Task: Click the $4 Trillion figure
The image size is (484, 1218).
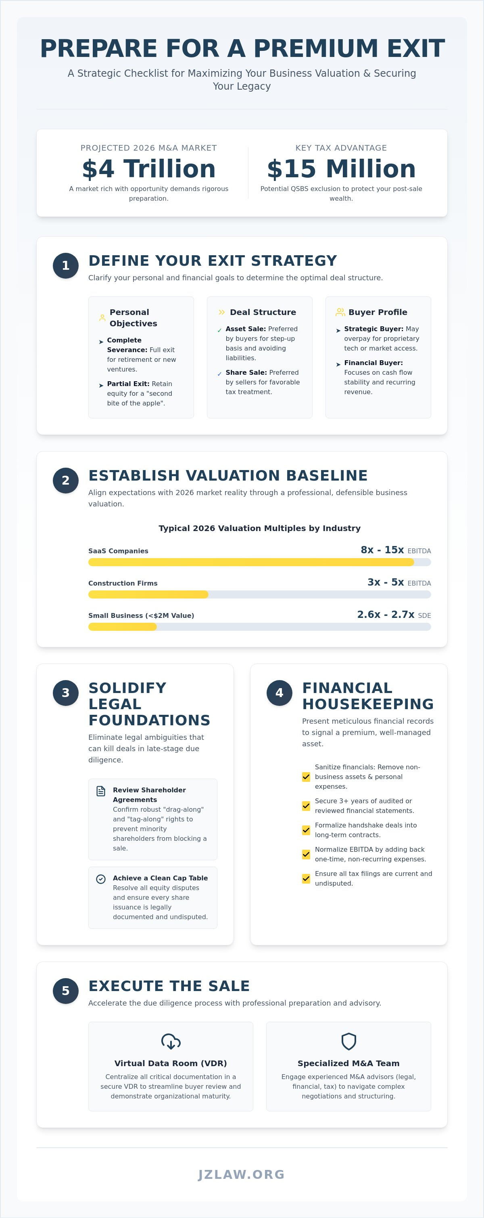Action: [149, 169]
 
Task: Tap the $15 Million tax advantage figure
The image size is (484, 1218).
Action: [341, 169]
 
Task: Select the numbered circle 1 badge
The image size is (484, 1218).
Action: [66, 266]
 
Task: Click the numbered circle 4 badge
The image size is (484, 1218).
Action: [280, 693]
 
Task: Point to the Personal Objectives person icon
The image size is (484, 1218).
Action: [102, 318]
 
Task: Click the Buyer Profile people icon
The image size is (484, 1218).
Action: [340, 312]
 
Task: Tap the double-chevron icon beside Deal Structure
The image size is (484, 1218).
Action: [222, 312]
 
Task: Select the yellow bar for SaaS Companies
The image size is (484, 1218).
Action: [251, 562]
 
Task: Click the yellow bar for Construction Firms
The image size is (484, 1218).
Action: [148, 594]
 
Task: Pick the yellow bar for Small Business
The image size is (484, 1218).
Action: [122, 626]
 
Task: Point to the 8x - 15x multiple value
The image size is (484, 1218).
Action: [382, 550]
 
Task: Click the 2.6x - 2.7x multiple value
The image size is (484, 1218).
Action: [386, 614]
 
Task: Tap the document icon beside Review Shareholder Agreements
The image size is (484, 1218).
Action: [100, 791]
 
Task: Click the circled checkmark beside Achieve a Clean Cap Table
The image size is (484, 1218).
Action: [100, 879]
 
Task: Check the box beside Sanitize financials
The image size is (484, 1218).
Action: [306, 777]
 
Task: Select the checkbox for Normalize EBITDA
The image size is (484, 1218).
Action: [306, 855]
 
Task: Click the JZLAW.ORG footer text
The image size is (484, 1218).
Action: [241, 1174]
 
